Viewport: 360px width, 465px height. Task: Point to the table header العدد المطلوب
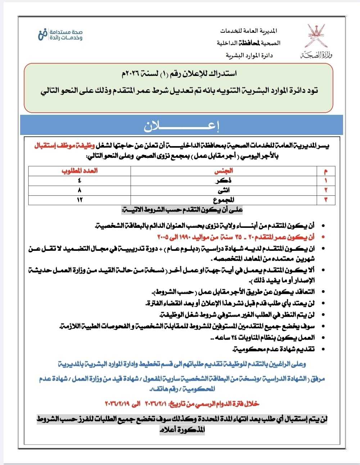click(x=80, y=171)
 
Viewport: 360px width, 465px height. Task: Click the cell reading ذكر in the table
click(x=226, y=180)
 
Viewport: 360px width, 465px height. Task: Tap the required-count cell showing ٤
click(x=80, y=180)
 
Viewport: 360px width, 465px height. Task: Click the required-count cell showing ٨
click(x=80, y=190)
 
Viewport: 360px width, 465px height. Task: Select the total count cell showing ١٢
click(x=80, y=200)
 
